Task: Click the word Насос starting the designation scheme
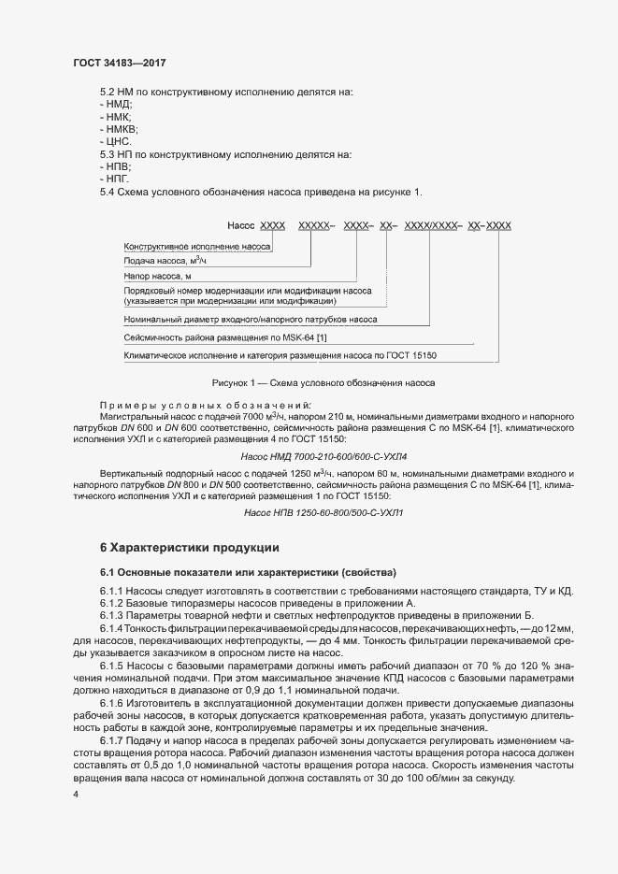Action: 241,226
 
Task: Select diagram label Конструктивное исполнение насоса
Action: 196,247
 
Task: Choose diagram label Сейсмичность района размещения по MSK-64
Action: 225,337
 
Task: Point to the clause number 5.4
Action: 108,192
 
